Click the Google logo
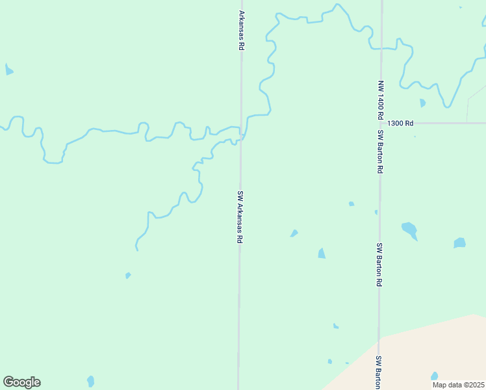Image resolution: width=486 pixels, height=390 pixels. tap(21, 382)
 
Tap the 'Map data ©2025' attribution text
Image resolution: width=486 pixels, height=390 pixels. tap(459, 385)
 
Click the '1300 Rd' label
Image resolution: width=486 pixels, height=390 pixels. tap(400, 123)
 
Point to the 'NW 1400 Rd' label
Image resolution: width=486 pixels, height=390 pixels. tap(380, 99)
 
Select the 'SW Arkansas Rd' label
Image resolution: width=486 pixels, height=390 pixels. tap(240, 217)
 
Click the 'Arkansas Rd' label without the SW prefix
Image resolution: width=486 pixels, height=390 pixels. tap(242, 30)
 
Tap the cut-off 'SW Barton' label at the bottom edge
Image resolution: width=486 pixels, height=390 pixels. tap(377, 371)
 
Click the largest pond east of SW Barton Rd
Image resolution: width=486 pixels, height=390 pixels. tap(409, 229)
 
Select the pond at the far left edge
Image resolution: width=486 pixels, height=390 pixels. tap(8, 70)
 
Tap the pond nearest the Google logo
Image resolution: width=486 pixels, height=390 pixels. tap(90, 381)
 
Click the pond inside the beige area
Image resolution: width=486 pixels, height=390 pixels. tap(434, 376)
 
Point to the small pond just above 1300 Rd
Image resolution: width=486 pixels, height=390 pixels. tap(422, 103)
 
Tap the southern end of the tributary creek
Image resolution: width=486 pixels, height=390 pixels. tap(136, 248)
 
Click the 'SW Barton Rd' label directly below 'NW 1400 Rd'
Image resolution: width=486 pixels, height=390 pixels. tap(380, 151)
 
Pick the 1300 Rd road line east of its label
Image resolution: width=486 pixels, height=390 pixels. tap(448, 123)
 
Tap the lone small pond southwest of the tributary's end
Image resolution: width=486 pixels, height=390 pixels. tap(128, 276)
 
